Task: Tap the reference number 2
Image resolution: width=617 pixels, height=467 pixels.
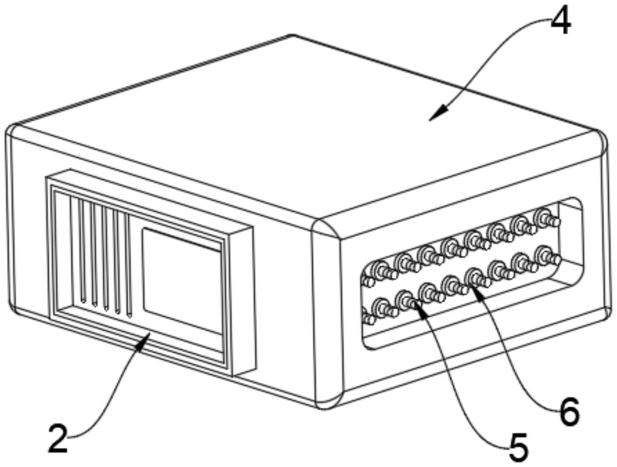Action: click(x=58, y=439)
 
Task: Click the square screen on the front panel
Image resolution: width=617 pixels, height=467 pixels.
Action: click(x=181, y=281)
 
